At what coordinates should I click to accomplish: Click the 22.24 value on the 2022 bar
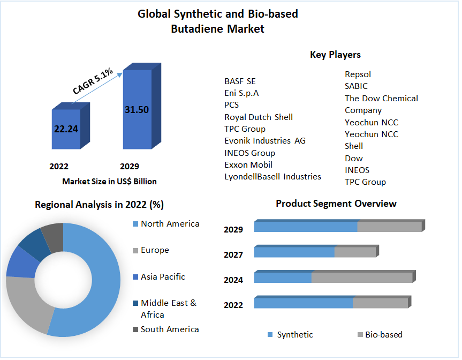click(65, 129)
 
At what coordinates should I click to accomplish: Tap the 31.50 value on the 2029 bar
click(137, 110)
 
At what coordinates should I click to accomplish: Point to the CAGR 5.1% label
click(93, 82)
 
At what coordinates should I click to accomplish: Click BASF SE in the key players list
click(240, 81)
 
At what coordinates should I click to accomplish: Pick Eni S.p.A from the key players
click(241, 93)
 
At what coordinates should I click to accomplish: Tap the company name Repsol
click(358, 74)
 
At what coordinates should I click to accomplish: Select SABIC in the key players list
click(356, 86)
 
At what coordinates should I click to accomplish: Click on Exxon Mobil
click(248, 165)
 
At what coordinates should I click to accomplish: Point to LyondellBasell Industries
click(272, 177)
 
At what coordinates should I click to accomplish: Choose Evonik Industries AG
click(265, 141)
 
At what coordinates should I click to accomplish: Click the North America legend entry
click(170, 224)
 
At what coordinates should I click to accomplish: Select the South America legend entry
click(170, 329)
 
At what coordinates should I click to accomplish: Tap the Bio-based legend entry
click(383, 335)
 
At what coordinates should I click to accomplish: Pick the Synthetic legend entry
click(295, 335)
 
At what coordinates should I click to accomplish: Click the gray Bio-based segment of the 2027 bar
click(355, 252)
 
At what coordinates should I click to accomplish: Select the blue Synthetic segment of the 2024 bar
click(283, 277)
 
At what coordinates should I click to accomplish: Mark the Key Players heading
click(335, 55)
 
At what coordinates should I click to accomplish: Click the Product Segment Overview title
click(336, 204)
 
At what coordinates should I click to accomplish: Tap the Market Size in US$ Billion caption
click(109, 182)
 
